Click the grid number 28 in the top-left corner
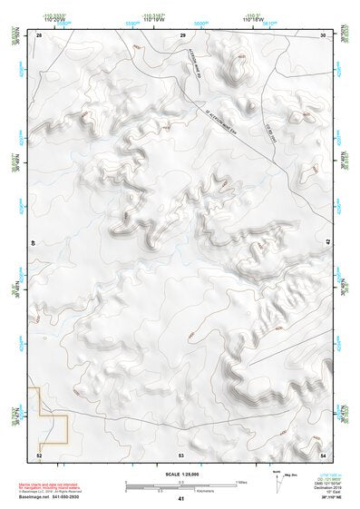[39, 35]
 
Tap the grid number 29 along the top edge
[182, 35]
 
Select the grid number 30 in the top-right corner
[324, 35]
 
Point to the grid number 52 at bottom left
[39, 454]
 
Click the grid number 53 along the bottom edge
[181, 454]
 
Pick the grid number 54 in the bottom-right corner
[324, 454]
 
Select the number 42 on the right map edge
[327, 243]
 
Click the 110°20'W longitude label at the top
[56, 20]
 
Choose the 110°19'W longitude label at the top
[154, 20]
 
